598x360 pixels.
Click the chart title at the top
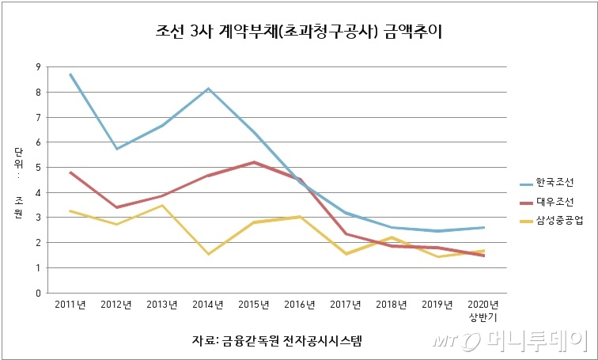click(x=300, y=32)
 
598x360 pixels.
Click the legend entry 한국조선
click(x=554, y=182)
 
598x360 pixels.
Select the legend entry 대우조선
click(x=554, y=202)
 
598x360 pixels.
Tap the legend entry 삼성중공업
click(x=558, y=222)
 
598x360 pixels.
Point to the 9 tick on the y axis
click(x=37, y=67)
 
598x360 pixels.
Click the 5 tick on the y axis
click(x=37, y=168)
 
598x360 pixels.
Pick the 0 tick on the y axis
click(x=37, y=294)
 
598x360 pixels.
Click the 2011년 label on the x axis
click(x=70, y=305)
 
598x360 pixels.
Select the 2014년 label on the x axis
click(x=208, y=305)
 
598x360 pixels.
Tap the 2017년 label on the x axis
click(x=346, y=305)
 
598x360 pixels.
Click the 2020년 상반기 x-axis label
click(x=483, y=310)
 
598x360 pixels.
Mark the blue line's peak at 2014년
click(x=208, y=89)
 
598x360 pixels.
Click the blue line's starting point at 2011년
click(x=70, y=74)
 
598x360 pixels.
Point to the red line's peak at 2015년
click(x=254, y=162)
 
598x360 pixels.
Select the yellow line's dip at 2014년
click(x=208, y=254)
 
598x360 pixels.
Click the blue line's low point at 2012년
click(x=116, y=149)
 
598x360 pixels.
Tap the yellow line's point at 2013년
click(x=162, y=206)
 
